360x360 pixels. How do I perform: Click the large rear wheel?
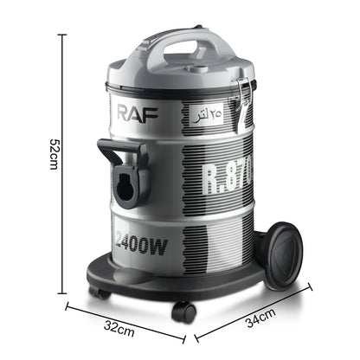281,255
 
